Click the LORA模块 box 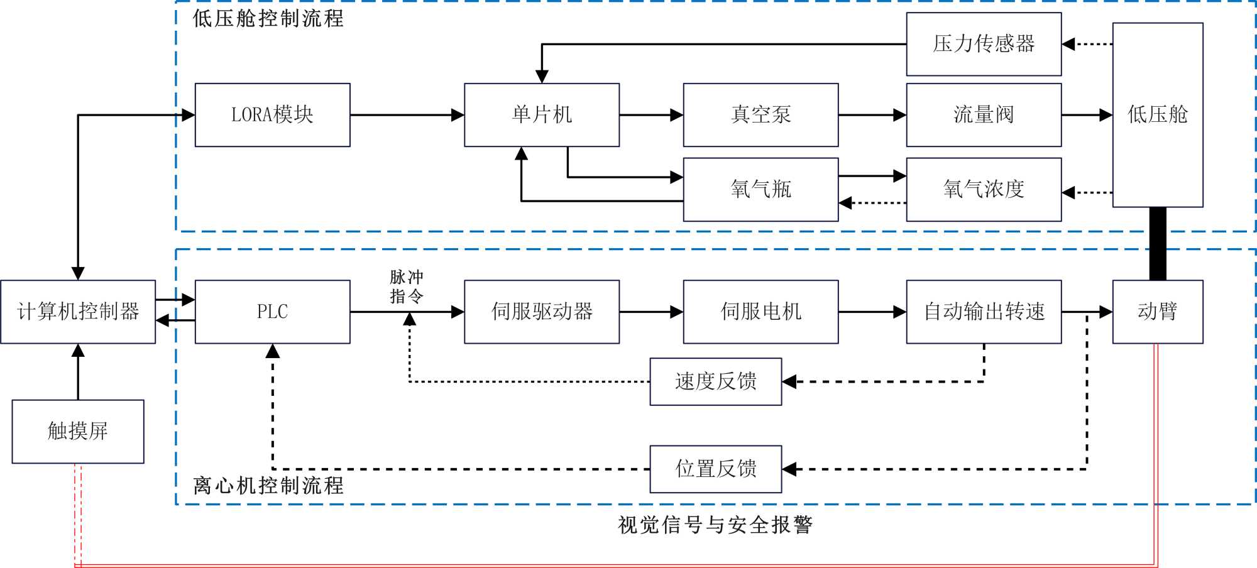tap(272, 115)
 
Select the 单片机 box tap(542, 115)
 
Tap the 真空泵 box tap(760, 115)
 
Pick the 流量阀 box tap(984, 115)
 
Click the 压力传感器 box tap(984, 44)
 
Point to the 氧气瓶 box tap(760, 189)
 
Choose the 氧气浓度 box tap(984, 189)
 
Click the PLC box tap(272, 312)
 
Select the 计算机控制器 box tap(78, 312)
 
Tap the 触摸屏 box tap(78, 431)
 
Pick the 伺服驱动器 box tap(542, 312)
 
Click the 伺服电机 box tap(760, 312)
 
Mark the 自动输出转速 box tap(984, 312)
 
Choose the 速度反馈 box tap(716, 381)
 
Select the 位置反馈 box tap(716, 469)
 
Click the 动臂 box tap(1158, 312)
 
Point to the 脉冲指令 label tap(407, 287)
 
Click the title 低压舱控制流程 tap(268, 18)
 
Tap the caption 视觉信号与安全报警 tap(715, 525)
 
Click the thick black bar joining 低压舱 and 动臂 tap(1158, 244)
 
